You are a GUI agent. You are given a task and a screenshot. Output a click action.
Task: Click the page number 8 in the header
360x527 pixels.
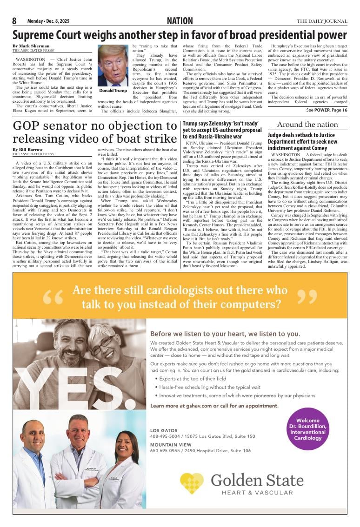point(14,21)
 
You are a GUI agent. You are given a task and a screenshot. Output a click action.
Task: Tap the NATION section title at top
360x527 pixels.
point(180,21)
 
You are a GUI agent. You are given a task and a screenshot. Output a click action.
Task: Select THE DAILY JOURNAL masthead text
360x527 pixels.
point(322,21)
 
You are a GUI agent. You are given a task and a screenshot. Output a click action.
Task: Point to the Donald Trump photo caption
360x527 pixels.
point(113,91)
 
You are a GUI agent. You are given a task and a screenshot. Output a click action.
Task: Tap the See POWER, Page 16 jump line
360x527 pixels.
point(327,110)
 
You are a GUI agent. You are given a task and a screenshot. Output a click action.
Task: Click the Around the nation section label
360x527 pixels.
point(307,124)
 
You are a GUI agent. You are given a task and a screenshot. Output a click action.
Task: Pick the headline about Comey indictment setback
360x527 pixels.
point(301,141)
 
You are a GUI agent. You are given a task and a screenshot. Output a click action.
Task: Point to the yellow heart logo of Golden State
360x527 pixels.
point(192,483)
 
